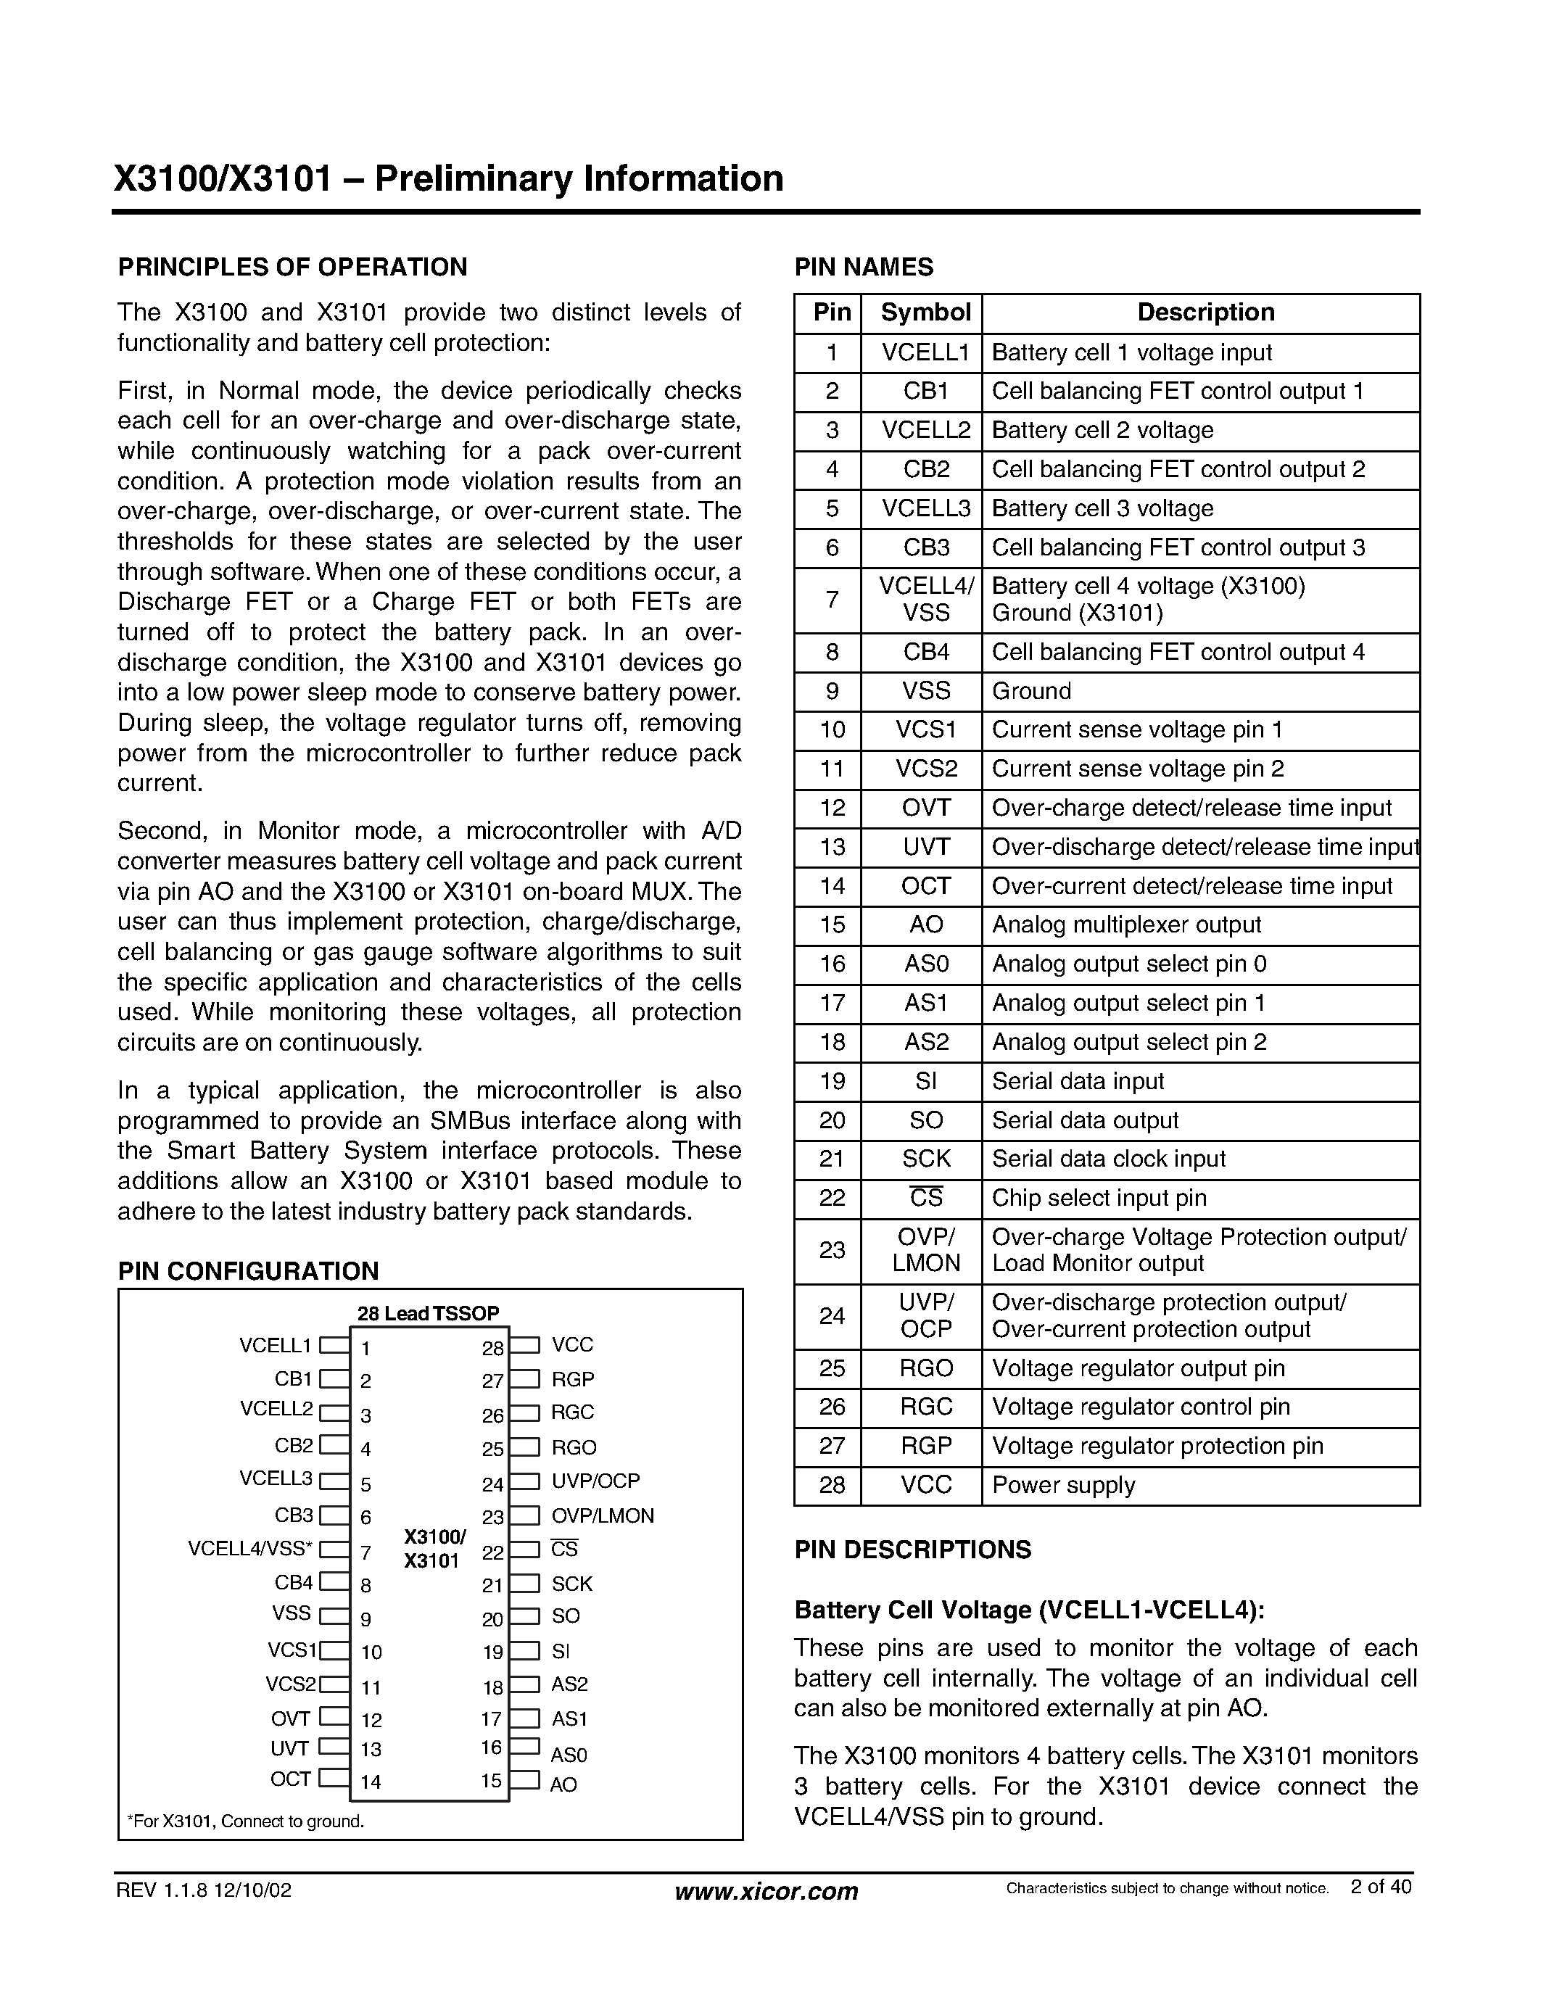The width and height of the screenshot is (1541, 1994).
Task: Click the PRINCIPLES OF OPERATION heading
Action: coord(292,268)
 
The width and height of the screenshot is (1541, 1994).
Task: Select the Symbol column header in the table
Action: coord(925,313)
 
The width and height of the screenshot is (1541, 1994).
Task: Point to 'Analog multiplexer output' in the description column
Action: coord(1125,925)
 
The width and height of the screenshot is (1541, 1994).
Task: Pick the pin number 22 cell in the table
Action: coord(831,1198)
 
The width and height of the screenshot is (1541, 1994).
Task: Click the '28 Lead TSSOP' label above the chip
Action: coord(428,1313)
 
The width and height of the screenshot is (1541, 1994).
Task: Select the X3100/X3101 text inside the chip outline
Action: coord(434,1550)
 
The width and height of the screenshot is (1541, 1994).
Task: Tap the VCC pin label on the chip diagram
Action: coord(572,1345)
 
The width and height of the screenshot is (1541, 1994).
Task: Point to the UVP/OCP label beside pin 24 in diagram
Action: coord(595,1481)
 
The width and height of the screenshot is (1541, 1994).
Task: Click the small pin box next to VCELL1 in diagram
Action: coord(335,1345)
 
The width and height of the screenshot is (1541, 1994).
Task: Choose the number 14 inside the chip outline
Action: coord(371,1782)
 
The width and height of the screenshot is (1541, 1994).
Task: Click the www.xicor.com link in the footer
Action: coord(766,1891)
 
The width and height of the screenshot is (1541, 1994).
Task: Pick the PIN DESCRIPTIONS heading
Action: coord(912,1550)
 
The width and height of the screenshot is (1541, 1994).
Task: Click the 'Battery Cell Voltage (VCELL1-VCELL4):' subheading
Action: coord(1029,1610)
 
